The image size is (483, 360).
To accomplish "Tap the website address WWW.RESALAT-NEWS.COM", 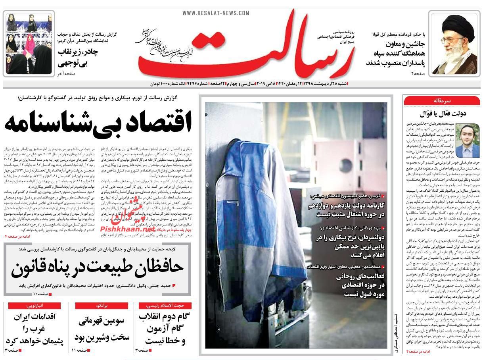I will click(216, 13).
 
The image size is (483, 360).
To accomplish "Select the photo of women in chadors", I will click(29, 43).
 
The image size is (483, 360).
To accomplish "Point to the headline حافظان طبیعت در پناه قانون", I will click(98, 268).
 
